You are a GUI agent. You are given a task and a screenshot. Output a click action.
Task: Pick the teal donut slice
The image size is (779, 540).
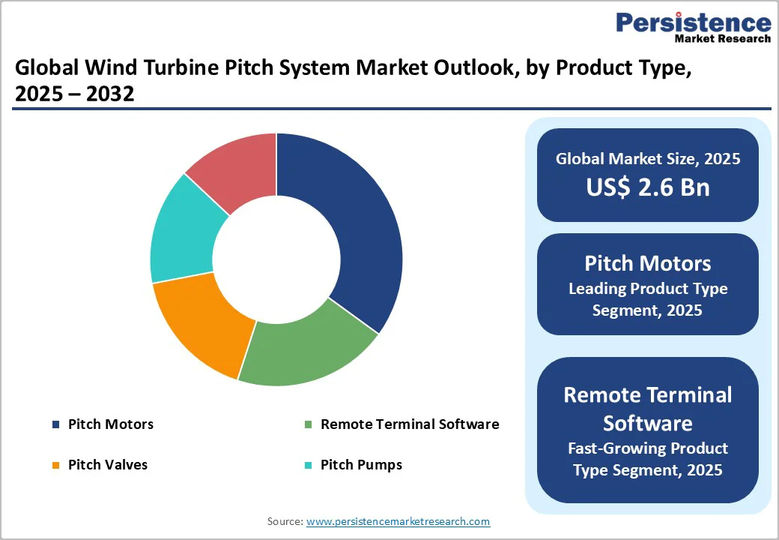(x=183, y=232)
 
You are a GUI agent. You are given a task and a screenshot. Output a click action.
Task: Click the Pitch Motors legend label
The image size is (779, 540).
(x=110, y=424)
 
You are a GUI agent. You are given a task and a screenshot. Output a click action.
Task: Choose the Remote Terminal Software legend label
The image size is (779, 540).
(x=409, y=424)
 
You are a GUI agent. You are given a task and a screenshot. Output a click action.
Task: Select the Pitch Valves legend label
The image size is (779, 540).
(x=107, y=465)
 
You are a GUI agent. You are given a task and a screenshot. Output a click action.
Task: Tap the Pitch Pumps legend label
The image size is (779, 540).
(x=361, y=465)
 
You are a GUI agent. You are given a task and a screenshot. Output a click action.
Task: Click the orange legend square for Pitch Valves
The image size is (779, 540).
(x=55, y=466)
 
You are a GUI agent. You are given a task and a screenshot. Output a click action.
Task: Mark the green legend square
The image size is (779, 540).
(x=308, y=425)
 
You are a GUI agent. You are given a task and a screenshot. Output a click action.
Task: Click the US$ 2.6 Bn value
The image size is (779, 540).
(x=647, y=187)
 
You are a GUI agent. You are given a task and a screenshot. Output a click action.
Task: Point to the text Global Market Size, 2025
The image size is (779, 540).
(x=647, y=159)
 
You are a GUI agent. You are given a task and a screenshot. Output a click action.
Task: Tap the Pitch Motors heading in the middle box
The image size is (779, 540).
(x=647, y=263)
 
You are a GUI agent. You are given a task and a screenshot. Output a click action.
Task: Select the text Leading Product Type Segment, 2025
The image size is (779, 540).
(x=647, y=298)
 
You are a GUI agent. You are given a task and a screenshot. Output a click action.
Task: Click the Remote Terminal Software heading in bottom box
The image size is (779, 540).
(x=647, y=409)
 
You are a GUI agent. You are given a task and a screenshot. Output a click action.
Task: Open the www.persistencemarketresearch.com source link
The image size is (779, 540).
(x=398, y=521)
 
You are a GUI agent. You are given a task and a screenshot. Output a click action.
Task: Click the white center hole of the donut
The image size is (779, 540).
(x=276, y=259)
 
